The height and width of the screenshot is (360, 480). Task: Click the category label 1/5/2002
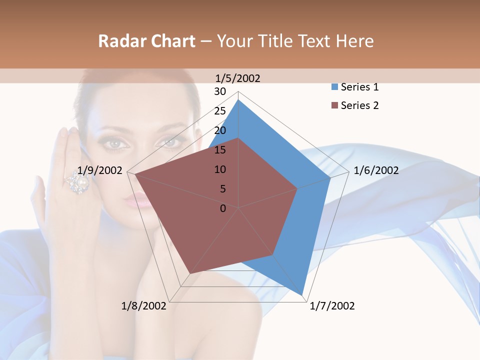coord(237,78)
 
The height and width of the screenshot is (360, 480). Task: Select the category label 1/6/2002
coord(376,170)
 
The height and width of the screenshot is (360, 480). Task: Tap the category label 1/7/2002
coord(332,306)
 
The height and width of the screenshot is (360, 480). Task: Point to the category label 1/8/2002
coord(144,306)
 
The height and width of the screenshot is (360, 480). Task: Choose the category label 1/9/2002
coord(100,170)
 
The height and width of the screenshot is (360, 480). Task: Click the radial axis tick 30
coord(220,91)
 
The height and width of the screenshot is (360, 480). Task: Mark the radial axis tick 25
coord(220,111)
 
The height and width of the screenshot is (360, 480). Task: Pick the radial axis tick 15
coord(220,150)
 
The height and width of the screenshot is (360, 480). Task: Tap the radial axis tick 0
coord(223,208)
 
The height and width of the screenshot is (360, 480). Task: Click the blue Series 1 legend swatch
coord(334,87)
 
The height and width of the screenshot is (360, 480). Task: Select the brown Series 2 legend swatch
coord(334,105)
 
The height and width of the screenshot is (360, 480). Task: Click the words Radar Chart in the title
coord(146,41)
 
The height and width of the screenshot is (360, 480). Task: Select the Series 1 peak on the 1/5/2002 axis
coord(238,99)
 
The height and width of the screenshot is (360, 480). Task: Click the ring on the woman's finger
coord(78,183)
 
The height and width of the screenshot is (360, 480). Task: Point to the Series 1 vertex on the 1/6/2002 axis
coord(330,177)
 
